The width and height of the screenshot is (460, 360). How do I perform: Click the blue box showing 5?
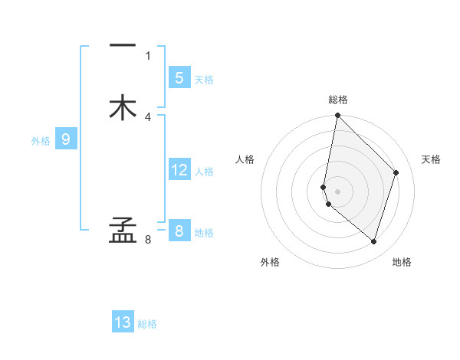click(x=179, y=77)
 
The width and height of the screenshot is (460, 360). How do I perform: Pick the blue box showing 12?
click(x=179, y=170)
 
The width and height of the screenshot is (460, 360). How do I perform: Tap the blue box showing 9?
click(x=66, y=139)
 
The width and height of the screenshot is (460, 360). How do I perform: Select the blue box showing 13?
click(x=123, y=322)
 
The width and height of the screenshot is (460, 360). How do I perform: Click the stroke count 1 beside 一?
click(x=148, y=55)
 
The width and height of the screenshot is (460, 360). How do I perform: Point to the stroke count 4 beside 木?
click(x=148, y=116)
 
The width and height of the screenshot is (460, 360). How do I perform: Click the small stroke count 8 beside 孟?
click(x=148, y=240)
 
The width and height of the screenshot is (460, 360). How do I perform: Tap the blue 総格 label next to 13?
click(x=147, y=324)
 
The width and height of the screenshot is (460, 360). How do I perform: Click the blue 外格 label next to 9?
click(x=41, y=141)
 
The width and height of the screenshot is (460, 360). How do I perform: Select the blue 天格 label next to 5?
click(x=204, y=80)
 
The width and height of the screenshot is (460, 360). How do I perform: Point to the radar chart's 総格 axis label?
click(x=338, y=100)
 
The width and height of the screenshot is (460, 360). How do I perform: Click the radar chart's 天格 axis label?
click(x=432, y=159)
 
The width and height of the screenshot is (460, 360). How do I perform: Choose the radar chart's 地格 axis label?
click(x=402, y=262)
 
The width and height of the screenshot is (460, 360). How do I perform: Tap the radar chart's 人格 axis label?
click(x=245, y=159)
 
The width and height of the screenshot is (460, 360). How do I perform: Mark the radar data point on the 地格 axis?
click(x=374, y=241)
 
